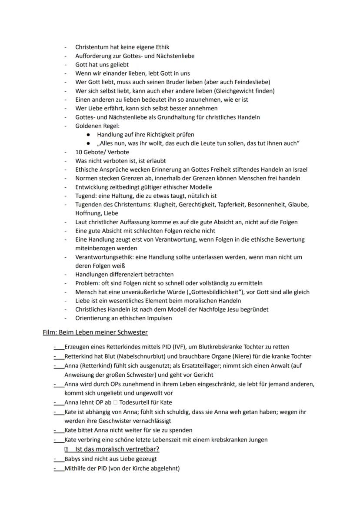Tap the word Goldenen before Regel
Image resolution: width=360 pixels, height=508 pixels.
[x=87, y=126]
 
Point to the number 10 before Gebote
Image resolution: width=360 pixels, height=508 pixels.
[x=79, y=152]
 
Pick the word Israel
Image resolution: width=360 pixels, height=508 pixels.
[x=298, y=169]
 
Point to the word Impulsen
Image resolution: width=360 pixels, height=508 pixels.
[x=158, y=318]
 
